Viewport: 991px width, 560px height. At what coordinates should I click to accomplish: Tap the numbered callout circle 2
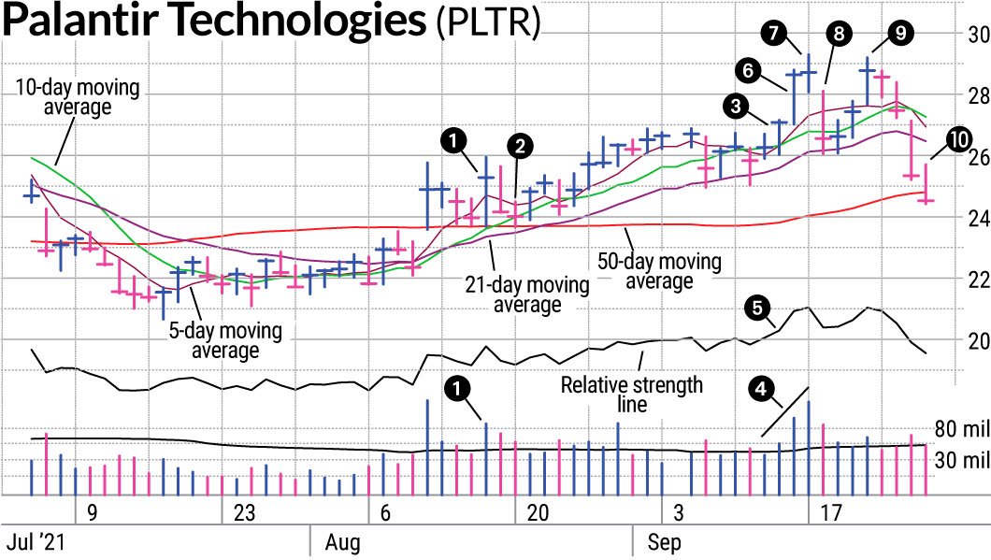coord(519,146)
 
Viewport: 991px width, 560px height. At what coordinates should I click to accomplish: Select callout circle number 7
coord(772,32)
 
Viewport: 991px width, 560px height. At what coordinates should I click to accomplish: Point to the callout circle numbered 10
coord(956,139)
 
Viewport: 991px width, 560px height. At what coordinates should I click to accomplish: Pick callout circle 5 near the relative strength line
coord(756,308)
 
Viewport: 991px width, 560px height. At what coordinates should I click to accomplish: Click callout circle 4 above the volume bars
coord(763,387)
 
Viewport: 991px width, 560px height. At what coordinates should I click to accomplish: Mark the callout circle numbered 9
coord(898,33)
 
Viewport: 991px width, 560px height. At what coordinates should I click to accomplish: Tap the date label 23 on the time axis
coord(244,513)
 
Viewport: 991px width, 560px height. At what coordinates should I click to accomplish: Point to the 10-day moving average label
coord(77,98)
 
